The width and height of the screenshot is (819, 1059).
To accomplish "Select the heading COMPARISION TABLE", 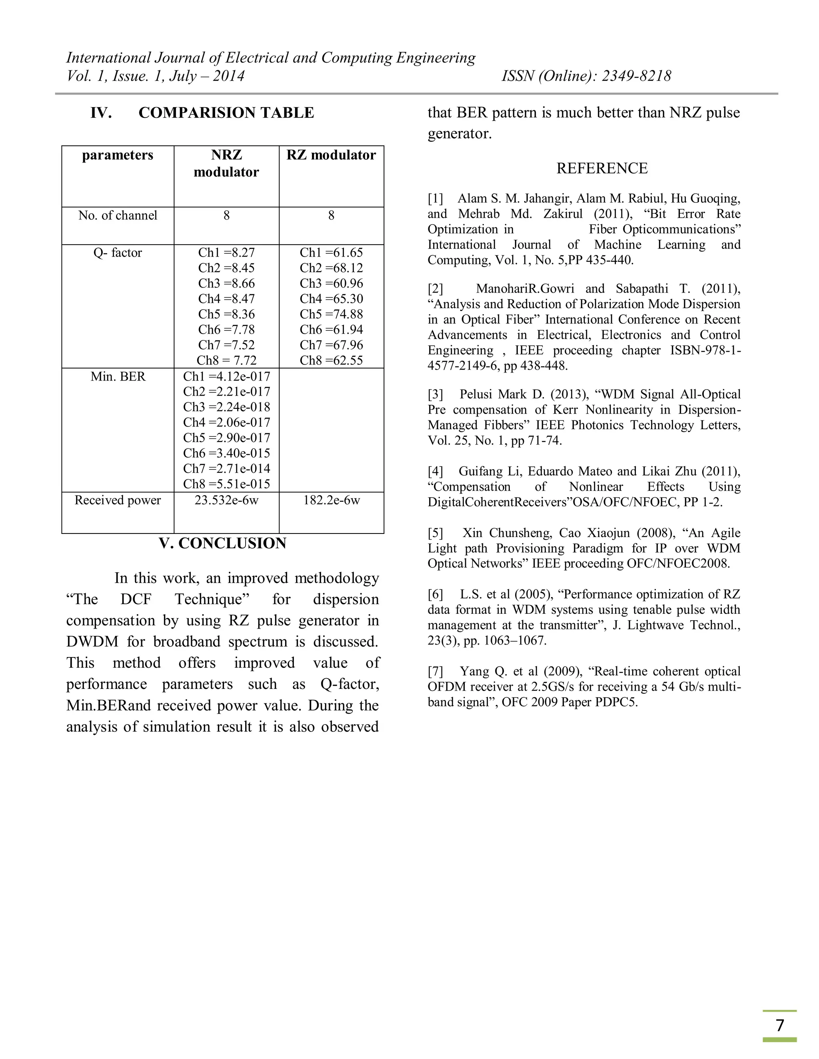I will click(226, 113).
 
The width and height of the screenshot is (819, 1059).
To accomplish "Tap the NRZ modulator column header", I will click(226, 163).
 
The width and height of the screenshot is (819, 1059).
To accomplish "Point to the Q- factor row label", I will click(118, 253).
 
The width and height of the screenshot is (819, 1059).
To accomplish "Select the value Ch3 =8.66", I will click(226, 284).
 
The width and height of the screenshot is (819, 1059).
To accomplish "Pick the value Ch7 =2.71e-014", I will click(226, 469).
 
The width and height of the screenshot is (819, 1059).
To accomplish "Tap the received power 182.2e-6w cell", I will click(332, 500).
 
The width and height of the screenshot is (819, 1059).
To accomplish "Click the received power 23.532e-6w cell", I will click(226, 500).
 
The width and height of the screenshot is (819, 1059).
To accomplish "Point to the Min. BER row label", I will click(118, 377).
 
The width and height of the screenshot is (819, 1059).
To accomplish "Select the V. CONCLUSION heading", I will click(222, 543).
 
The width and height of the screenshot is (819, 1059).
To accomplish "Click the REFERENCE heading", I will click(601, 168).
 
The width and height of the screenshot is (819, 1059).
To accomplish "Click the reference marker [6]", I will click(435, 595).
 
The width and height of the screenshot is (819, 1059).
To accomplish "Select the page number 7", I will click(780, 1025).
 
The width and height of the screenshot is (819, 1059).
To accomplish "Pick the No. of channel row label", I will click(118, 216).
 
